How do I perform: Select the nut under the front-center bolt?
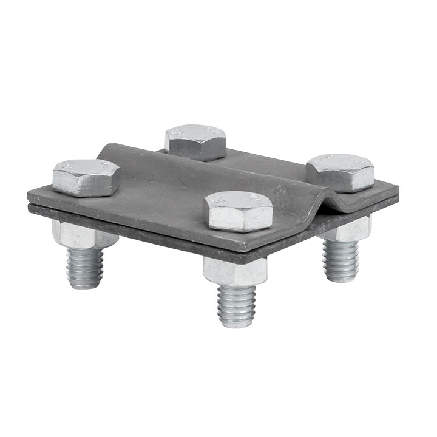[x=235, y=272]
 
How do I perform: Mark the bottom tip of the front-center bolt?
[x=236, y=324]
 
